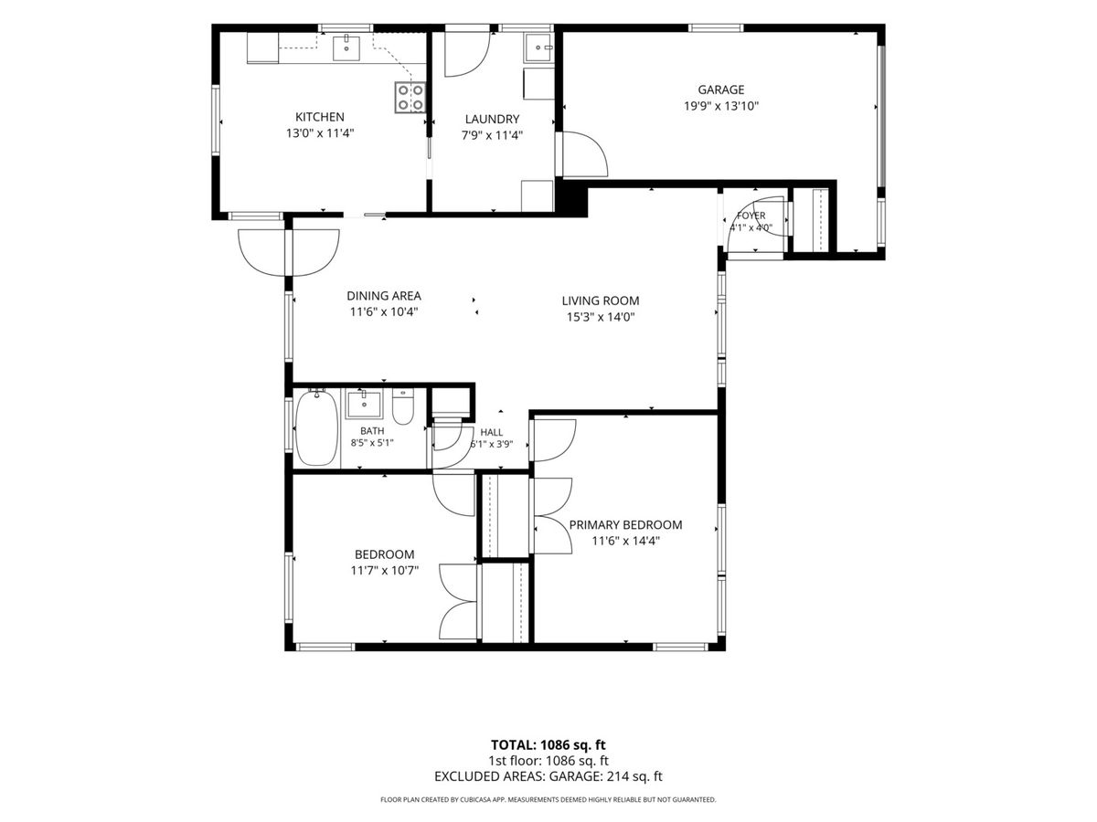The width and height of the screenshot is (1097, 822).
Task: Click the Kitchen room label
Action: pyautogui.click(x=319, y=117)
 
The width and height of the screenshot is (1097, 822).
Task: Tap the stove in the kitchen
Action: pyautogui.click(x=410, y=98)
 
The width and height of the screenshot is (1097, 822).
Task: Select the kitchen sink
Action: pyautogui.click(x=346, y=47)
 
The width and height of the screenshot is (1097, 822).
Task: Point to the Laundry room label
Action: pyautogui.click(x=492, y=120)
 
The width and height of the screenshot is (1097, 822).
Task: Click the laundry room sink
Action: pyautogui.click(x=538, y=47)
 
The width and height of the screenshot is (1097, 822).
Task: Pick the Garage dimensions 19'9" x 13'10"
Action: pyautogui.click(x=720, y=106)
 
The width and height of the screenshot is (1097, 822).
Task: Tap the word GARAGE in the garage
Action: pyautogui.click(x=720, y=90)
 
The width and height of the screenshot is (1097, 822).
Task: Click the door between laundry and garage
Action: pyautogui.click(x=582, y=153)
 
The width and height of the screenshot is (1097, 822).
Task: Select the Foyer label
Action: pyautogui.click(x=751, y=216)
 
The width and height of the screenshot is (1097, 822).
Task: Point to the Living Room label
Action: pyautogui.click(x=601, y=301)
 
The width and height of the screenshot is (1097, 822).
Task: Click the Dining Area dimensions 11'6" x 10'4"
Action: pyautogui.click(x=383, y=312)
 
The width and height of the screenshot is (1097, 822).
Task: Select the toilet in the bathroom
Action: pyautogui.click(x=403, y=406)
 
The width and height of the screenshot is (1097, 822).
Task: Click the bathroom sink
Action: pyautogui.click(x=364, y=405)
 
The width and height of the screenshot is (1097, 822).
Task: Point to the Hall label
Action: pyautogui.click(x=491, y=433)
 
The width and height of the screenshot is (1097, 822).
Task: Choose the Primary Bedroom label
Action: pyautogui.click(x=625, y=525)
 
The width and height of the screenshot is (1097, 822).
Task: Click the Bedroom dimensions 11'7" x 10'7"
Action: pyautogui.click(x=384, y=571)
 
